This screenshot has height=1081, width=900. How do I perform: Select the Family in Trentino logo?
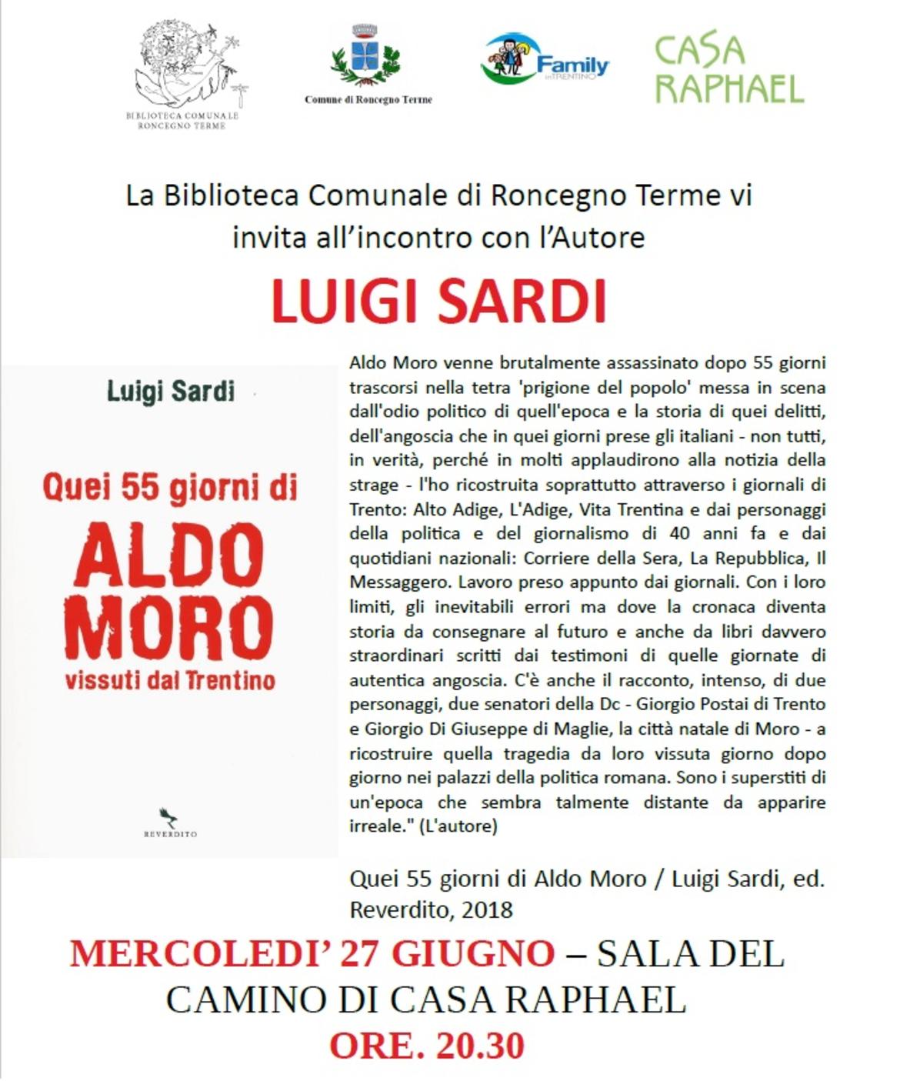[x=545, y=58]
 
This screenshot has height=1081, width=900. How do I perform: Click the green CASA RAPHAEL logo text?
[x=728, y=68]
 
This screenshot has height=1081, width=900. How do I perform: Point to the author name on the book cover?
[x=170, y=391]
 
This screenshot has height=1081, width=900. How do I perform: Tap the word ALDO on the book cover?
[x=169, y=556]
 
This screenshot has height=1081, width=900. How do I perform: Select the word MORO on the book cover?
[x=169, y=627]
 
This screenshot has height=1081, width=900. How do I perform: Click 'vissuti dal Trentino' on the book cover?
[x=170, y=681]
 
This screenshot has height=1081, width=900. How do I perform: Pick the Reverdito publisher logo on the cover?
[x=170, y=822]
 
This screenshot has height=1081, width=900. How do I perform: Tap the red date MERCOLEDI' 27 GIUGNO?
[x=312, y=954]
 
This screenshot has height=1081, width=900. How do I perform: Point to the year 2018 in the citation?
[x=487, y=909]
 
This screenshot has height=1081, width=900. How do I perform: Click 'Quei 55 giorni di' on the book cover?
[x=170, y=489]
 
